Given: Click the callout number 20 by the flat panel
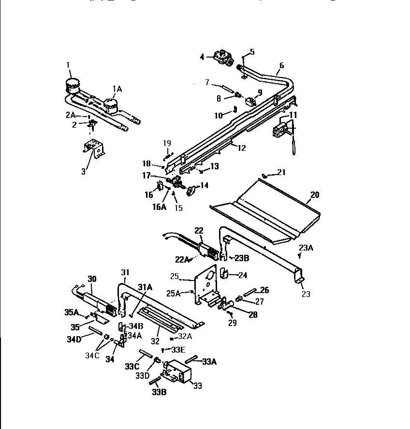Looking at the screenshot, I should pyautogui.click(x=315, y=195).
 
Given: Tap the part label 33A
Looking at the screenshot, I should pyautogui.click(x=209, y=361).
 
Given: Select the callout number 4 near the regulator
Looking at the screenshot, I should pyautogui.click(x=202, y=57).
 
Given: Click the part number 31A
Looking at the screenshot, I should pyautogui.click(x=146, y=287).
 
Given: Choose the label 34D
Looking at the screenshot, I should pyautogui.click(x=73, y=339).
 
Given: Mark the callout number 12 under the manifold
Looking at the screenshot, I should pyautogui.click(x=241, y=148).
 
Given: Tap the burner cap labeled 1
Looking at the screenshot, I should pyautogui.click(x=73, y=85).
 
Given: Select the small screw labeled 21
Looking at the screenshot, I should pyautogui.click(x=265, y=175).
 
